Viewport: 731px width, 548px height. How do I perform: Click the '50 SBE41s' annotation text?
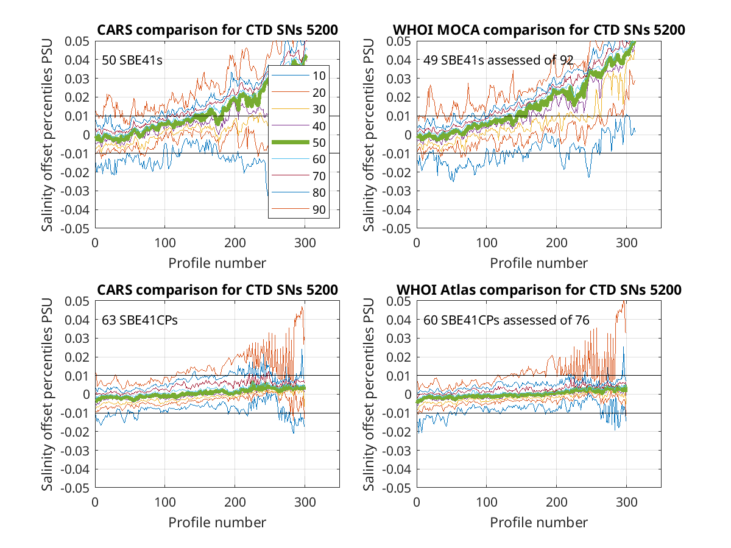point(132,60)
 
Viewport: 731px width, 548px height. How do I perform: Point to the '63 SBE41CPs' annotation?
point(139,320)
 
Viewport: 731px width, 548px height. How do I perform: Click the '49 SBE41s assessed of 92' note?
point(498,60)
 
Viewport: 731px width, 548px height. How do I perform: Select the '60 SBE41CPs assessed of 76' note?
point(506,320)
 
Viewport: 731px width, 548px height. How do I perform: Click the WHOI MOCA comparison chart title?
point(539,30)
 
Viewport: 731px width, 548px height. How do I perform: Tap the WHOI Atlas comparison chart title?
point(539,290)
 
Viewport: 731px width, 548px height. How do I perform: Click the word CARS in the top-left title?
point(115,30)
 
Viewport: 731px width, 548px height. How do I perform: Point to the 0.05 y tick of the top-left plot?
point(77,41)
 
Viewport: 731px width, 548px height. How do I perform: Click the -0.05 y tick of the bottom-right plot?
point(397,488)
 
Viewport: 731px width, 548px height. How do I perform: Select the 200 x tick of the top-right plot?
point(556,243)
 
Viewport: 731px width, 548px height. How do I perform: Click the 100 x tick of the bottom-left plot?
point(165,502)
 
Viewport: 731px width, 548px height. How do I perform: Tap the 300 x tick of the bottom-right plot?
point(626,502)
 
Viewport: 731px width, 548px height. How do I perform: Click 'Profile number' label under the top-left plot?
point(217,263)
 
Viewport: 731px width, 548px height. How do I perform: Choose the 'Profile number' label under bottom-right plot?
point(539,522)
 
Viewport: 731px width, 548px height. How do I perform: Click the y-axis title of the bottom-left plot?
point(47,395)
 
